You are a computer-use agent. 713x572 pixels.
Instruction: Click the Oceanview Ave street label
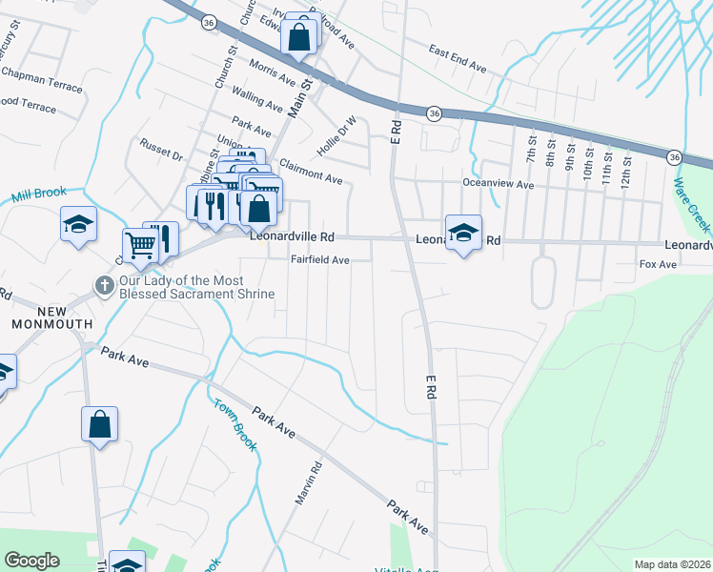coord(498,185)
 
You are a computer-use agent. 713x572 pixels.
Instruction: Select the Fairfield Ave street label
coord(320,259)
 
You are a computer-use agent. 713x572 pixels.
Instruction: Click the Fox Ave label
coord(657,264)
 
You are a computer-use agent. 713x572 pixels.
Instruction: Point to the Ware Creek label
coord(691,204)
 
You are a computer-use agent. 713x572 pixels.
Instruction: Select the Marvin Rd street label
coord(315,483)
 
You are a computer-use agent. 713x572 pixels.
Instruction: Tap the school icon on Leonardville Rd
coord(463,232)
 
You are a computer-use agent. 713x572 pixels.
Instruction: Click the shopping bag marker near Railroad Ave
coord(298,38)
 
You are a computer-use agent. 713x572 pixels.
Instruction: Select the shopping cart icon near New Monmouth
coord(140,244)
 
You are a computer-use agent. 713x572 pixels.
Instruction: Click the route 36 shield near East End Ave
coord(435,112)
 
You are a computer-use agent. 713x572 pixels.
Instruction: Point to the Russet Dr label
coord(161,153)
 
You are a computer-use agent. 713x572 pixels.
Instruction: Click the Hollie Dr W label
coord(337,136)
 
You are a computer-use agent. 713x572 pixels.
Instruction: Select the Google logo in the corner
coord(31,561)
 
